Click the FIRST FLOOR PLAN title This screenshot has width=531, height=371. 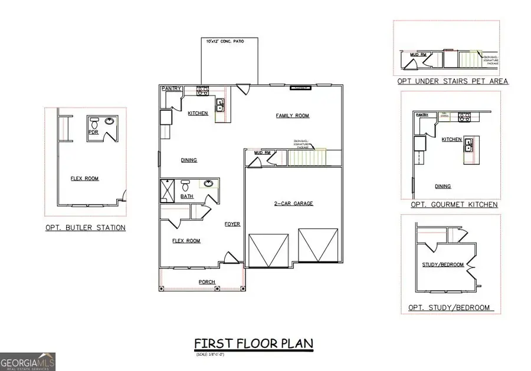(x=254, y=343)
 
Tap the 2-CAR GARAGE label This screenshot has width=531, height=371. (x=293, y=203)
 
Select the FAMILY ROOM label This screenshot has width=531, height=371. (x=293, y=115)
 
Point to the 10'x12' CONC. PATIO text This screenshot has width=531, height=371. (x=224, y=42)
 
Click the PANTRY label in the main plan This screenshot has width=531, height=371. (x=171, y=88)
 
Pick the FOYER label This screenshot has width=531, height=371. (x=232, y=224)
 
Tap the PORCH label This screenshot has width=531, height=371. (x=206, y=282)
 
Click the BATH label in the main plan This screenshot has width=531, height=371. (x=187, y=196)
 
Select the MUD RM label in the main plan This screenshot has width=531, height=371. (x=261, y=153)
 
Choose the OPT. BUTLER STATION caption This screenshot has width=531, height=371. (x=86, y=228)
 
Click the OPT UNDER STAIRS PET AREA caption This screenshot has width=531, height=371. (x=453, y=81)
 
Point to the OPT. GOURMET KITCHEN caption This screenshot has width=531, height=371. (x=454, y=204)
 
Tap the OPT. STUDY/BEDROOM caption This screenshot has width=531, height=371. (x=450, y=308)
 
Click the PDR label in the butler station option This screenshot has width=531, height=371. (x=93, y=132)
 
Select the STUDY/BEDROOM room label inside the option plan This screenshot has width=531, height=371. (x=442, y=264)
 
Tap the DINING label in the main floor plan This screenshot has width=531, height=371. (x=189, y=160)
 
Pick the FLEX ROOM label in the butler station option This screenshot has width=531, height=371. (x=84, y=178)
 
